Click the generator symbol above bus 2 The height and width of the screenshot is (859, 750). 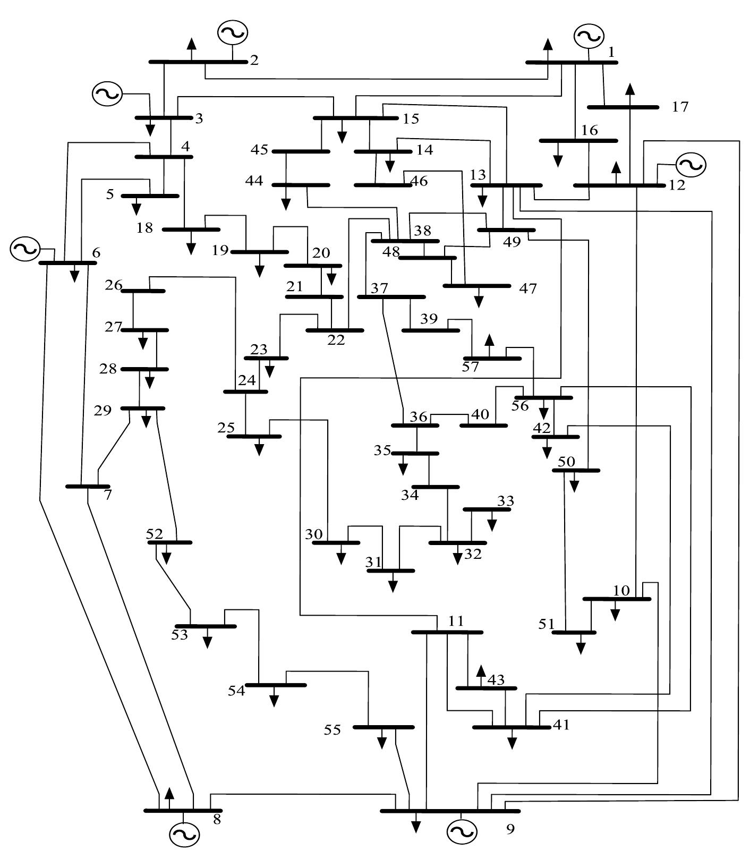click(x=232, y=32)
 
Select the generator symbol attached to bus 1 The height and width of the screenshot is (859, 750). click(x=589, y=36)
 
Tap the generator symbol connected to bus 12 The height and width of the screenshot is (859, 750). click(x=691, y=165)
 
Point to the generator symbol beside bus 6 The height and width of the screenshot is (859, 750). click(x=25, y=249)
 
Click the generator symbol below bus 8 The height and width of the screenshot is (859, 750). click(x=184, y=834)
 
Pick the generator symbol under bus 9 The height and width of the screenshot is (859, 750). click(x=462, y=831)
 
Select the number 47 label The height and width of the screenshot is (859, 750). click(x=527, y=289)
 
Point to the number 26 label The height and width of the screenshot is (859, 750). click(x=114, y=285)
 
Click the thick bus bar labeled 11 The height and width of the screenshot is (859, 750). click(x=447, y=632)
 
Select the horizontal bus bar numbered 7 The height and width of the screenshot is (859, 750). click(x=88, y=486)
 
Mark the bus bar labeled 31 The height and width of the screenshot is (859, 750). click(x=391, y=571)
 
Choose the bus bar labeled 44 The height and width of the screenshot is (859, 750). click(x=301, y=185)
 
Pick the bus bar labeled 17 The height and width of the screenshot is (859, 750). click(x=623, y=107)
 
